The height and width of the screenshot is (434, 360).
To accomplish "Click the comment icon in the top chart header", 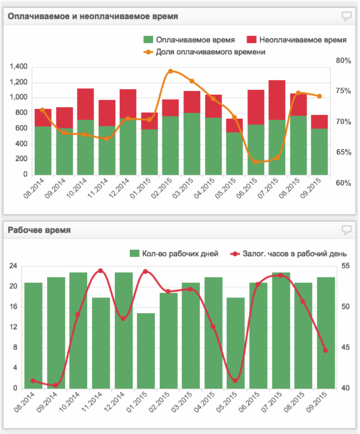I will coord(347,16).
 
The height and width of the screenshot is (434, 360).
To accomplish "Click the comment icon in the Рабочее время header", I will coord(347,230).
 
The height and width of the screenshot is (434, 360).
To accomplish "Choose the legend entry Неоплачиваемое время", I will coord(296,40).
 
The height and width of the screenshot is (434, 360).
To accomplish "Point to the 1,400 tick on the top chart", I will coord(18,67).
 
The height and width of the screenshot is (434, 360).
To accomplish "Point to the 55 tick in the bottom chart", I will coord(346,266).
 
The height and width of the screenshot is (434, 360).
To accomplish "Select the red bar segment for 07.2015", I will coord(277,100).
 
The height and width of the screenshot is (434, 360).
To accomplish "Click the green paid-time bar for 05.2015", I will coord(234,153).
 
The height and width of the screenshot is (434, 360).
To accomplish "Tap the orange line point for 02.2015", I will coord(171,71).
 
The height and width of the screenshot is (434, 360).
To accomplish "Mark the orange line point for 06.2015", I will coord(256,161).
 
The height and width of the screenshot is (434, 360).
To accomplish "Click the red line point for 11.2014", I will coord(100,271).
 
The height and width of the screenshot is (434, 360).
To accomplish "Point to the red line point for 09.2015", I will coord(325,350).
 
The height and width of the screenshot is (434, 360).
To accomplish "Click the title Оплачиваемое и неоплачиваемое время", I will coord(93,16).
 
